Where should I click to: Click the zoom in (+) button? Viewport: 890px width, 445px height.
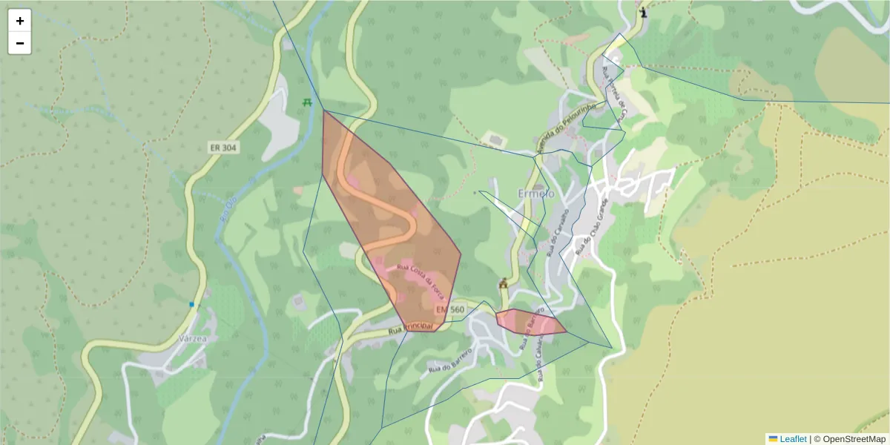pos(20,21)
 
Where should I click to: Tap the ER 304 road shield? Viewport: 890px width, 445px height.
pos(222,148)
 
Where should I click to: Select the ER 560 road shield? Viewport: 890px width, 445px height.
pos(450,309)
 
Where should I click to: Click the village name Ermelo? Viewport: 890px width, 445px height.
pos(535,194)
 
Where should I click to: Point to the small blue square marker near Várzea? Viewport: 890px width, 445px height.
pos(191,304)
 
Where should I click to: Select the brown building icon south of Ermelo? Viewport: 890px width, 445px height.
pos(504,283)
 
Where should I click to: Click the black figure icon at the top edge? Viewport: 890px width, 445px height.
pos(643,12)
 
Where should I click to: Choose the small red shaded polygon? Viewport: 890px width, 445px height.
pos(530,322)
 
